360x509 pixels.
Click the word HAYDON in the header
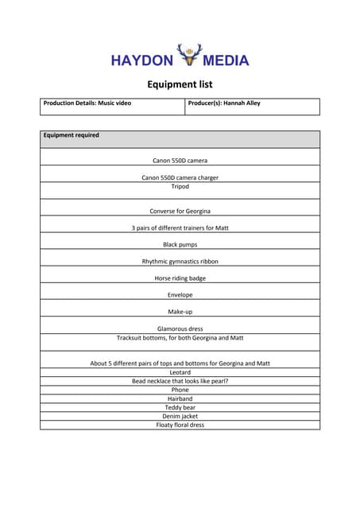[x=141, y=60]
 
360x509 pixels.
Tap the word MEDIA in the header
[x=226, y=60]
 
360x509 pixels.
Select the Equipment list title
[x=180, y=84]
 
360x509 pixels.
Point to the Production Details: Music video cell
[x=88, y=103]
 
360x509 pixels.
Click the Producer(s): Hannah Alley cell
[x=224, y=103]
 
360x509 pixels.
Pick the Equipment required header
[x=72, y=135]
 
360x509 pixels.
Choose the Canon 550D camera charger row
[x=180, y=177]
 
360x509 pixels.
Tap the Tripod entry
[x=180, y=186]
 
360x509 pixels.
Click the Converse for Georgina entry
[x=180, y=211]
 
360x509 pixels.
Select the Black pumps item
[x=180, y=244]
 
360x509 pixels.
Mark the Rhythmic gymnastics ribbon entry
[x=180, y=261]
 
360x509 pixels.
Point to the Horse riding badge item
[x=180, y=278]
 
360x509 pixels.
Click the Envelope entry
[x=180, y=295]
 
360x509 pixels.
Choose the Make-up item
[x=180, y=312]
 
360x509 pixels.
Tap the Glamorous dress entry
[x=180, y=328]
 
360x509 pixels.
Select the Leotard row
[x=180, y=372]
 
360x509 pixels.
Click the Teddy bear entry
[x=180, y=407]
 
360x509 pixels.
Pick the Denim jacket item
[x=180, y=416]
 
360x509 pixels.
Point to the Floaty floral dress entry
[x=180, y=425]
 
